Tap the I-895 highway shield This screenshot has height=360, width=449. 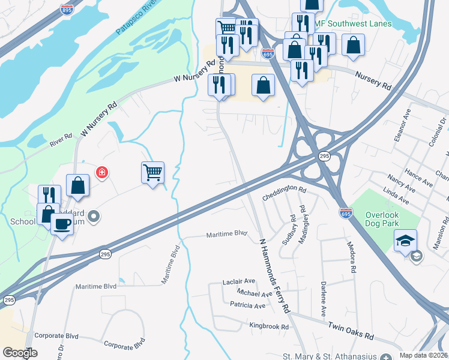(x=67, y=10)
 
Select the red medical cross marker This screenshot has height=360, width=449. (x=101, y=173)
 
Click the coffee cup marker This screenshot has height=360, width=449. (x=62, y=224)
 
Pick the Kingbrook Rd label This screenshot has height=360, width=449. (x=269, y=327)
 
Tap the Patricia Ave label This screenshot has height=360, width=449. (x=247, y=305)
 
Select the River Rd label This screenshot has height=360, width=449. (x=61, y=139)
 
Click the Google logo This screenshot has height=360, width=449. (x=20, y=352)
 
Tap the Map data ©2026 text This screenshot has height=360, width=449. (x=423, y=355)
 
